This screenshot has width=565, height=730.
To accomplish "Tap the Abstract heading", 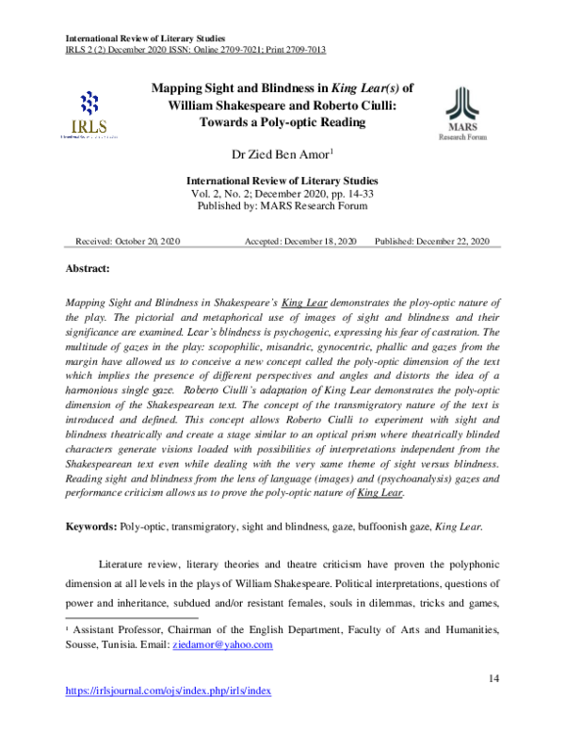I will pyautogui.click(x=87, y=269).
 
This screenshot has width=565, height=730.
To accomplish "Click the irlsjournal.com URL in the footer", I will pyautogui.click(x=168, y=690).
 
